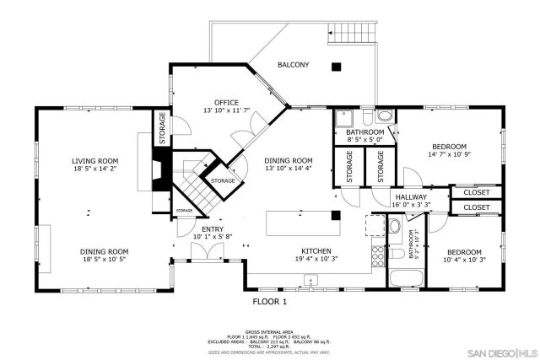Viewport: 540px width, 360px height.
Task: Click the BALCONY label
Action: tap(293, 65)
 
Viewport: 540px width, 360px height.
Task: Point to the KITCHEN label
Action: tap(317, 250)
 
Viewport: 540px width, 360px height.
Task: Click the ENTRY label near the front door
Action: tap(212, 228)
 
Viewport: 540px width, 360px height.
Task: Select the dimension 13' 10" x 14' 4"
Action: tap(289, 169)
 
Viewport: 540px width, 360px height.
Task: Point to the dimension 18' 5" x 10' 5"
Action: tap(105, 260)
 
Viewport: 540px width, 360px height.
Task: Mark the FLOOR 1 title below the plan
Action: tap(270, 301)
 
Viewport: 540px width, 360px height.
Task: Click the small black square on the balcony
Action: tap(336, 67)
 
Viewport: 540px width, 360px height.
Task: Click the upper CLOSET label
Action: tap(477, 192)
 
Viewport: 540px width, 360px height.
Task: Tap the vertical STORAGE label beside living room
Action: tap(161, 128)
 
